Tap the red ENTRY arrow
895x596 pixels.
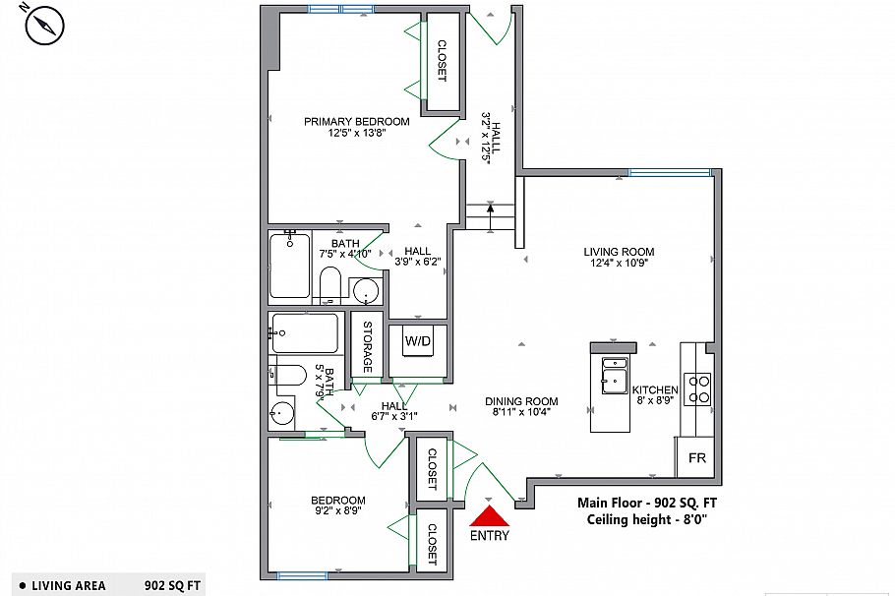click(x=489, y=514)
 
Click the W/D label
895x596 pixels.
click(x=418, y=341)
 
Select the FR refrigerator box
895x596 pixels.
click(x=696, y=458)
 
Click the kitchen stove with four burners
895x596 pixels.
click(x=698, y=388)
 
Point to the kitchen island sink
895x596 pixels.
click(x=616, y=377)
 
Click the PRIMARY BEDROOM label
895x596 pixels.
click(x=356, y=122)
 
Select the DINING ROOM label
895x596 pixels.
click(x=521, y=401)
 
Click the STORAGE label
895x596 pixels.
click(x=368, y=346)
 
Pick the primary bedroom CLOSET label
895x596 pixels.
click(x=442, y=61)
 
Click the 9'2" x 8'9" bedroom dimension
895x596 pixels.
click(x=337, y=511)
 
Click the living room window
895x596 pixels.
click(x=670, y=173)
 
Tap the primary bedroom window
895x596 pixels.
click(x=340, y=9)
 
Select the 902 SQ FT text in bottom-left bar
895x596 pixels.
click(x=172, y=586)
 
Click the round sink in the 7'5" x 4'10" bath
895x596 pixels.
click(x=365, y=292)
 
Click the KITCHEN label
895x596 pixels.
click(x=655, y=390)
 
